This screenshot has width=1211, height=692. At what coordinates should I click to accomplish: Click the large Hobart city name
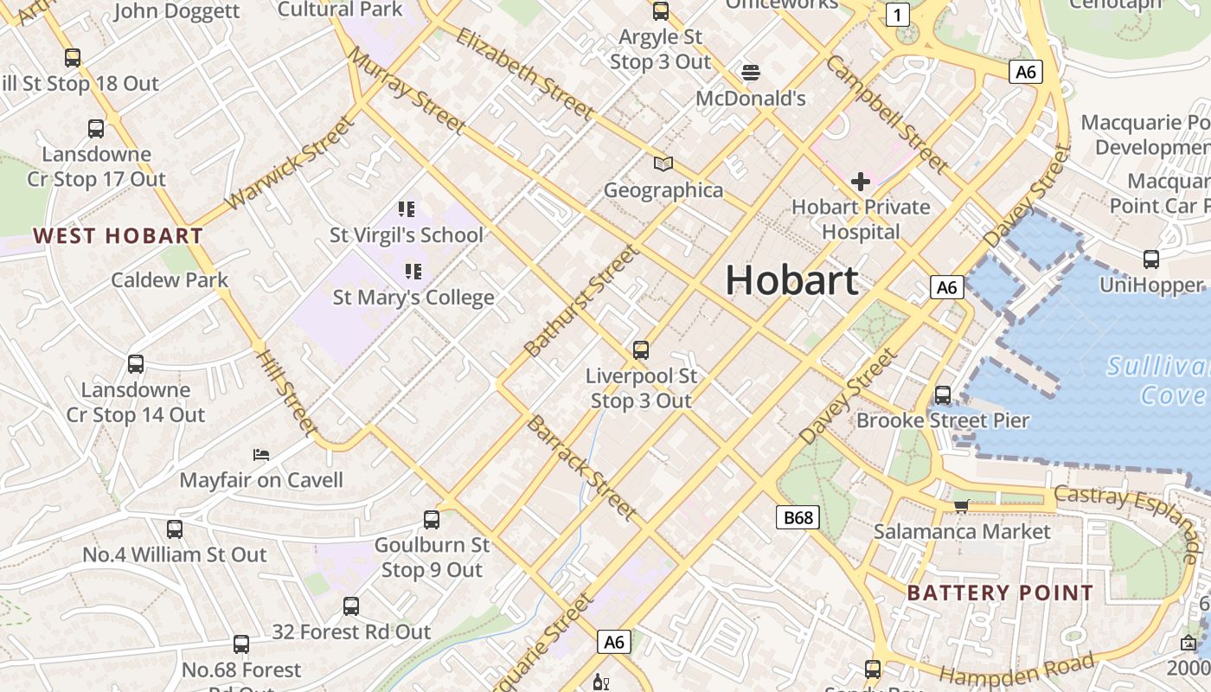[791, 280]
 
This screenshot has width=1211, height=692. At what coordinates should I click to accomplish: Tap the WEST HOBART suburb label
[118, 235]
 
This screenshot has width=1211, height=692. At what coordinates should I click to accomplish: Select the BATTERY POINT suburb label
[1000, 593]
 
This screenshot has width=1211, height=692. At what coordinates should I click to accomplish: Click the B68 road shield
[797, 517]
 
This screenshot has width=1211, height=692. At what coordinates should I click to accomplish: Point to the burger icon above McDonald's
[750, 72]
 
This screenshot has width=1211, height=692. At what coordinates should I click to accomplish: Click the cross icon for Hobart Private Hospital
[860, 182]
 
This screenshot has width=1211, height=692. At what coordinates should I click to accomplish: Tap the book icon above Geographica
[663, 164]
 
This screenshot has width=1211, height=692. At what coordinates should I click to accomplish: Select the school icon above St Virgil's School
[407, 209]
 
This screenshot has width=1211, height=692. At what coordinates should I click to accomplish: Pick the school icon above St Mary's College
[413, 272]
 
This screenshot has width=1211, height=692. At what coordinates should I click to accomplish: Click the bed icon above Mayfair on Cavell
[261, 454]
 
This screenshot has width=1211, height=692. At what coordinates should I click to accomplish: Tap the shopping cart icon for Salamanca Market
[961, 505]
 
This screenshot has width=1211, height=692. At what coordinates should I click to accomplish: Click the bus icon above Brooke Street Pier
[943, 395]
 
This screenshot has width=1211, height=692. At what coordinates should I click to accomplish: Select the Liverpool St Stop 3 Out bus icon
[641, 350]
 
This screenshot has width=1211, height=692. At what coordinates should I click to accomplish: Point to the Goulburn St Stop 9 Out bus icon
[432, 520]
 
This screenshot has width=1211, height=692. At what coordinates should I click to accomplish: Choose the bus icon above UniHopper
[1151, 259]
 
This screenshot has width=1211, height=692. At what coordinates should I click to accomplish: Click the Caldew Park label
[170, 279]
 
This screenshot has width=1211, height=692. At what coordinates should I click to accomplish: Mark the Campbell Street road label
[887, 113]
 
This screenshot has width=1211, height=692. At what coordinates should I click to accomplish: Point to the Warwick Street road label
[290, 163]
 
